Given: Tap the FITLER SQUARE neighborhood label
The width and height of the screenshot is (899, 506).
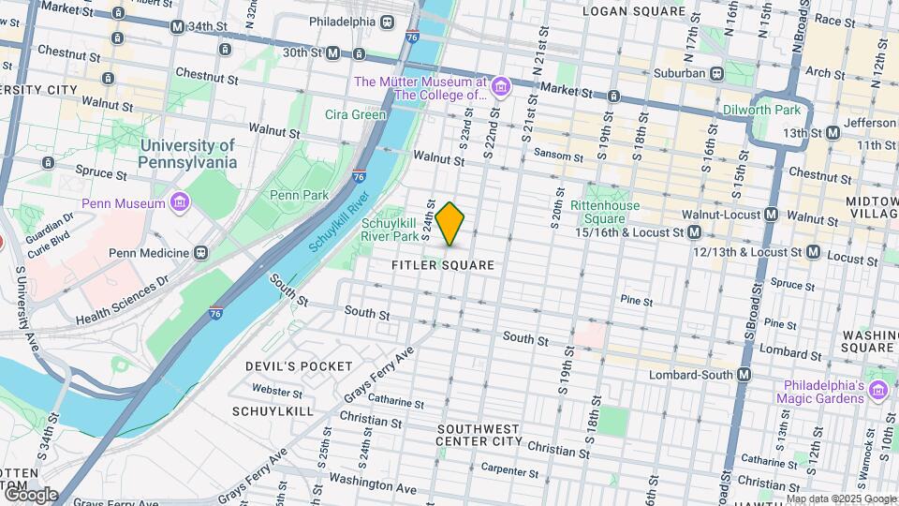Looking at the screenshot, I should pos(442,265).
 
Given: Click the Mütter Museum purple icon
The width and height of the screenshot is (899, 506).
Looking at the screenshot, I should pos(501,88).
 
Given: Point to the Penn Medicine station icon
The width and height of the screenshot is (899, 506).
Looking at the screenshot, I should pos(199,253).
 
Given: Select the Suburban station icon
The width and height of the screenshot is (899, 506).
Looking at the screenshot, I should pos(716,72).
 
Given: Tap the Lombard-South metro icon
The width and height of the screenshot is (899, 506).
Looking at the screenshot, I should pos(744,375).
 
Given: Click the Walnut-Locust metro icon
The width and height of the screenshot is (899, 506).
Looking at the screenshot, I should pos(771,215).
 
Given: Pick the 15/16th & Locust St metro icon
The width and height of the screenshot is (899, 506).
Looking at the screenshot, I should pos(694,231).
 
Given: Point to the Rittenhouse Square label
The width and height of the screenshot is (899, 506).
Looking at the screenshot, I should pos(606,212).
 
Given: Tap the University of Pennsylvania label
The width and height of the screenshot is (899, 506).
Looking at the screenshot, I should pos(187,154).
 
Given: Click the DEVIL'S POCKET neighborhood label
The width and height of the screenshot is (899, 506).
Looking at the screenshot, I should pos(299,365).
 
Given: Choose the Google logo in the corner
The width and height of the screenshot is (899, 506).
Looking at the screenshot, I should pos(30,494).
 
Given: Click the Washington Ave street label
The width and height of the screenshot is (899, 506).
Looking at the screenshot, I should pos(372,487).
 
